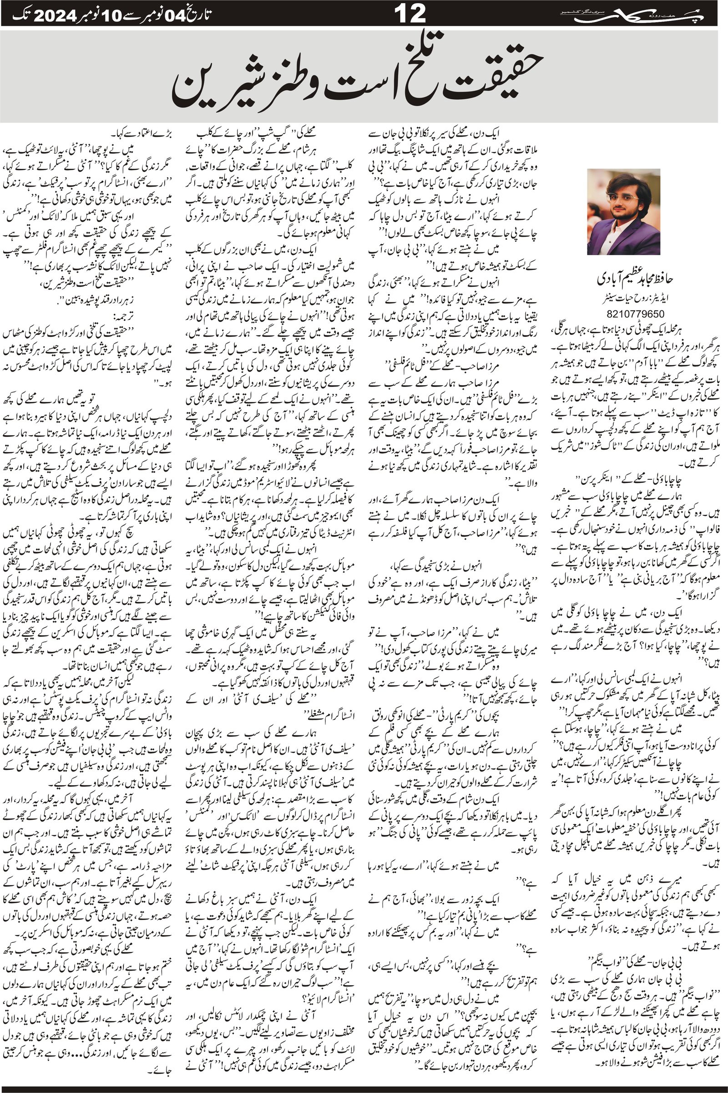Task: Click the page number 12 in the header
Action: [410, 14]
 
